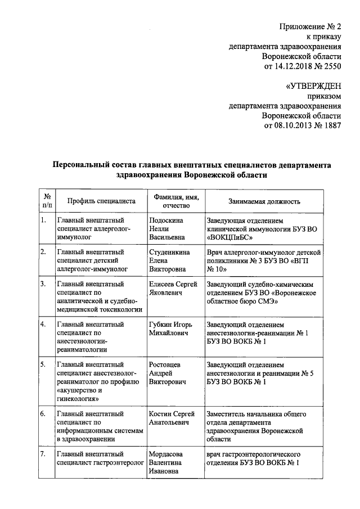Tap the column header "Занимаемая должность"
click(x=264, y=201)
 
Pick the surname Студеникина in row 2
click(x=170, y=251)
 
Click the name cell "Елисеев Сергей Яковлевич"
click(x=174, y=289)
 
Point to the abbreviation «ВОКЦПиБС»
click(x=231, y=237)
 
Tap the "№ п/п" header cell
click(x=47, y=201)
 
